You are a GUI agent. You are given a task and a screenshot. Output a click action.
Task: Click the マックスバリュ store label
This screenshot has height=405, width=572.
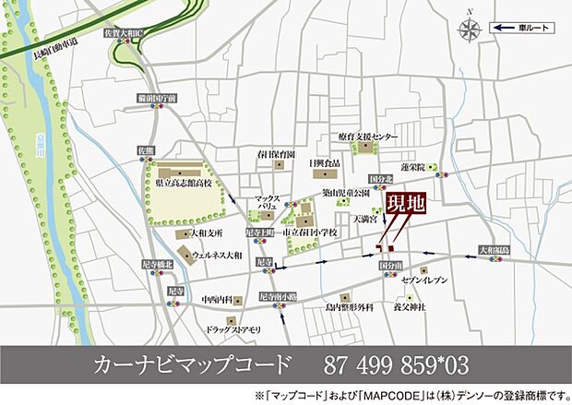click(268, 203)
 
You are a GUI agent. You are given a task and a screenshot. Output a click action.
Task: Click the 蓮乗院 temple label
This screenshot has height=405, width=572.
click(413, 168)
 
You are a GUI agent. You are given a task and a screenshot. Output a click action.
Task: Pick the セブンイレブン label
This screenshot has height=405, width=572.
click(425, 280)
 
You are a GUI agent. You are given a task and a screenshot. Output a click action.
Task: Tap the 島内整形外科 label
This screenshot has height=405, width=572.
click(347, 307)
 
